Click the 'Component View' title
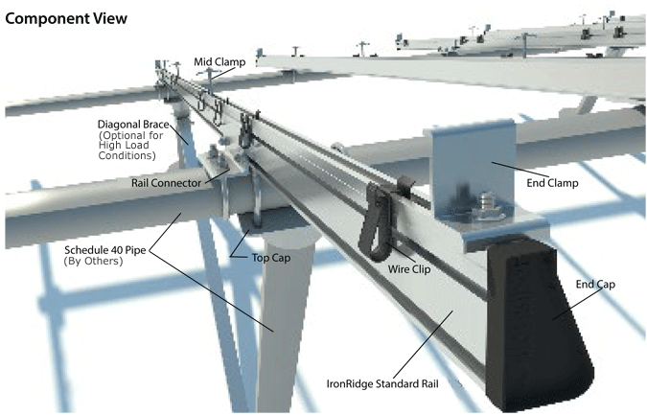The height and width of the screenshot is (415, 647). coord(66,17)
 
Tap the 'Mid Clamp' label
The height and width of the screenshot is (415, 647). coord(221,62)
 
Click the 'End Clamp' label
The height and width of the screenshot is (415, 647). coord(555,180)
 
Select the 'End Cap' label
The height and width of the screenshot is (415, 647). coord(594,285)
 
